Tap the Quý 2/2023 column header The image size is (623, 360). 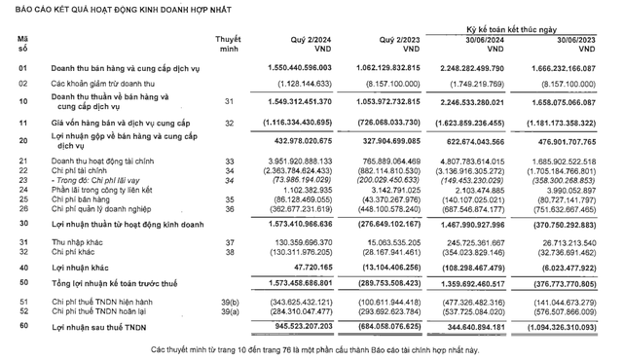(399, 39)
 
